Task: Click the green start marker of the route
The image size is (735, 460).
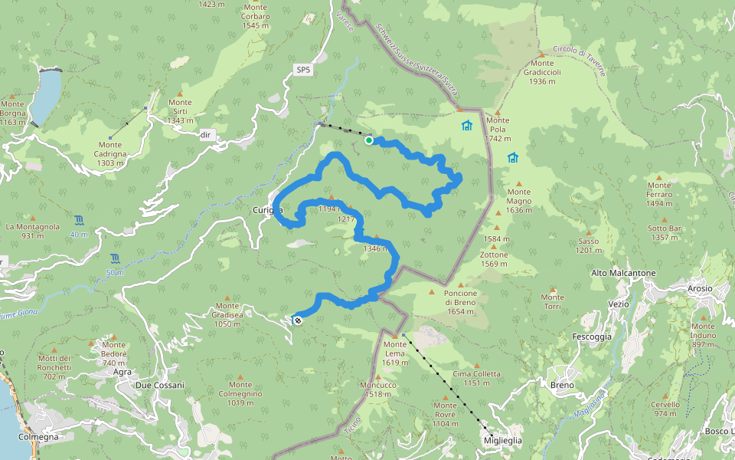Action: [x=369, y=140]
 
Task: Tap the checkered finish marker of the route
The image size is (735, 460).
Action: [x=298, y=320]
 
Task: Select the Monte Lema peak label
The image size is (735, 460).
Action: [x=395, y=349]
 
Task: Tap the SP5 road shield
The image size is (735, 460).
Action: [x=304, y=71]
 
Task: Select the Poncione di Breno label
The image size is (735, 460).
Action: [x=460, y=297]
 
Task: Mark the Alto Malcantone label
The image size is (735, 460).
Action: [x=623, y=273]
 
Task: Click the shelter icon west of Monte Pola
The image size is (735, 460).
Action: [x=467, y=126]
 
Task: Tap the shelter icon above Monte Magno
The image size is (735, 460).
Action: [x=512, y=158]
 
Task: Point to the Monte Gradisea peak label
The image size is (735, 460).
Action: [x=227, y=319]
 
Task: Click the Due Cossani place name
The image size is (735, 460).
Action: [x=159, y=385]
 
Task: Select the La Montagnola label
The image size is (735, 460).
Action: [x=32, y=231]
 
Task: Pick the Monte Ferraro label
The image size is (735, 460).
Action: [x=658, y=189]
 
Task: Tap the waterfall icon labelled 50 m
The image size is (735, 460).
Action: [x=115, y=258]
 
